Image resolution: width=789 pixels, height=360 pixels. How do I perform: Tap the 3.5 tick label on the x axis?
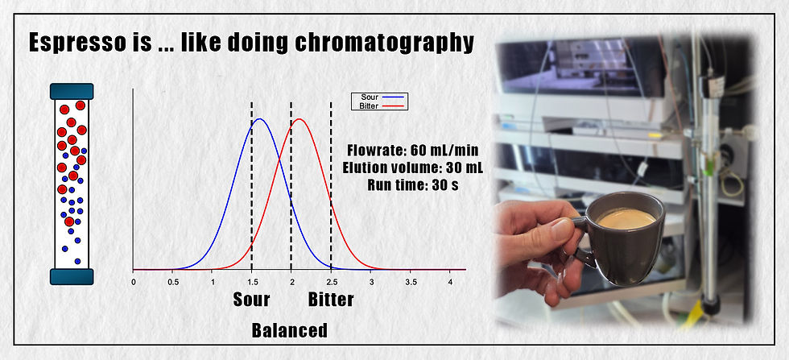click(x=411, y=282)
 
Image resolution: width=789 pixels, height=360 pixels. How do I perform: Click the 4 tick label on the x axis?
click(x=450, y=282)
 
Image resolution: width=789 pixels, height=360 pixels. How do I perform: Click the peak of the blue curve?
click(x=259, y=120)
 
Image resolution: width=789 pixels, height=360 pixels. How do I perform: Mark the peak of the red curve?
click(x=299, y=120)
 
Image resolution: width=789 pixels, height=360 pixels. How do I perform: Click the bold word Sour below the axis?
click(x=251, y=300)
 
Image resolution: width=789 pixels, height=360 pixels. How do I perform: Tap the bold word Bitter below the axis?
click(x=331, y=300)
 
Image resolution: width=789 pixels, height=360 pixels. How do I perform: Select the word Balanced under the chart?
click(x=290, y=330)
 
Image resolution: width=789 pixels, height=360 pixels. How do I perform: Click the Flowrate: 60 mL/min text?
click(x=399, y=151)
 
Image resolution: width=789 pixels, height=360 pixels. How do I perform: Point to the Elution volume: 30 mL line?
click(x=399, y=168)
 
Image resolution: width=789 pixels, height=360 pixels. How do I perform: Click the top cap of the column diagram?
click(x=72, y=91)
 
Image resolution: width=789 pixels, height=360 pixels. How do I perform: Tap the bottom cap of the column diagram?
click(x=72, y=276)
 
